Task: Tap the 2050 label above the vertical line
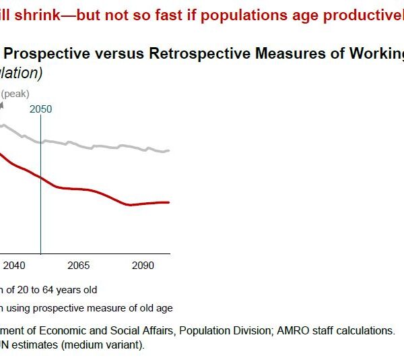coord(41,109)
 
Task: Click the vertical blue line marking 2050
coord(41,202)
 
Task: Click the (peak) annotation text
coord(15,94)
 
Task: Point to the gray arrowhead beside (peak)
coord(1,104)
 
